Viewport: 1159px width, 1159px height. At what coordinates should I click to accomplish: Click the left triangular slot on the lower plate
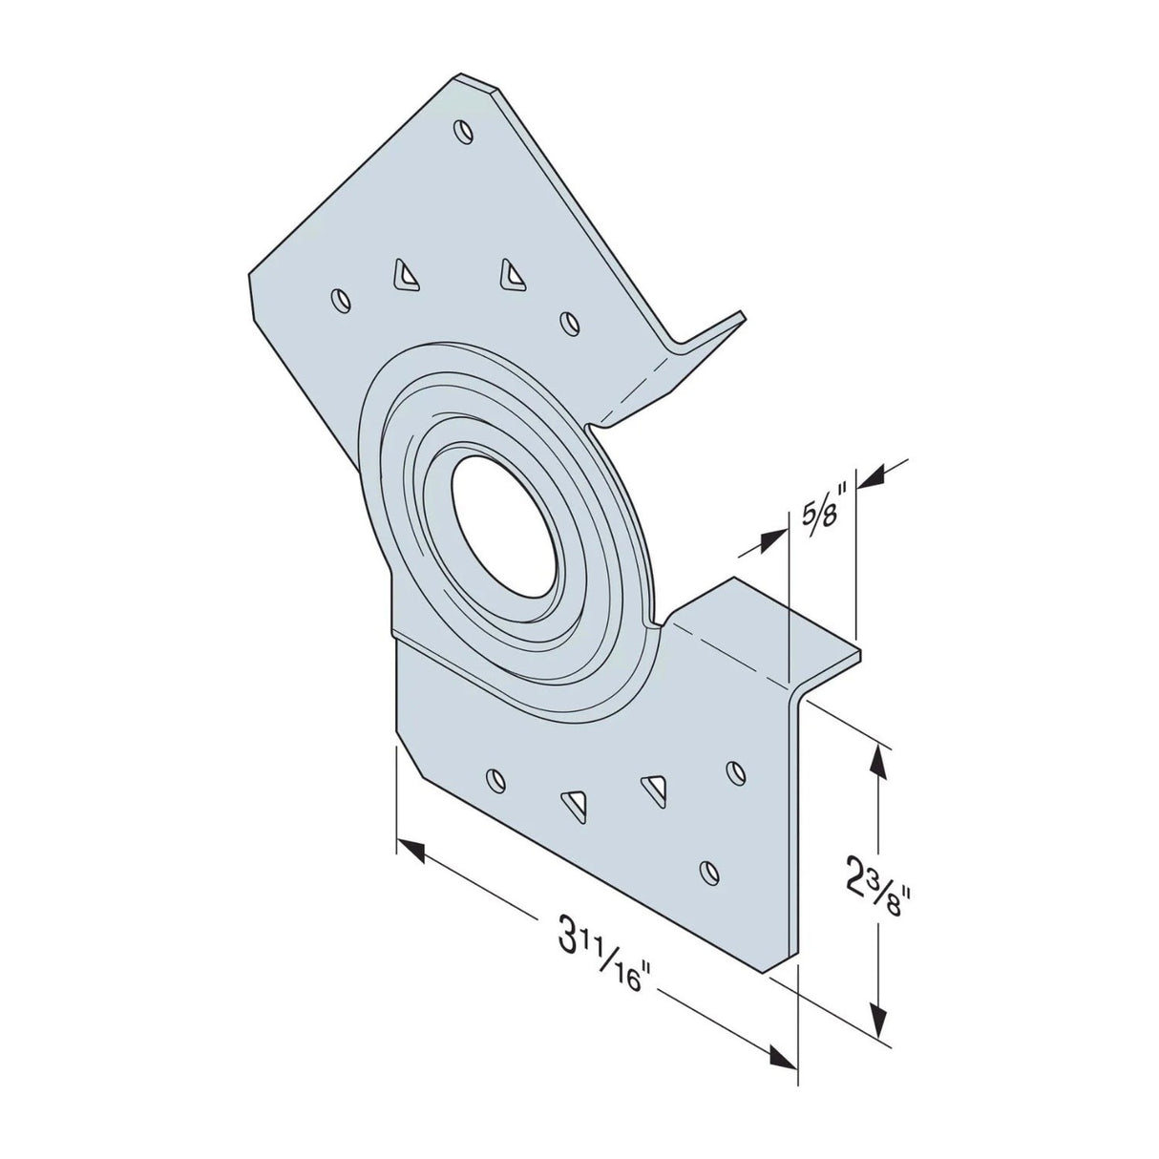click(x=575, y=804)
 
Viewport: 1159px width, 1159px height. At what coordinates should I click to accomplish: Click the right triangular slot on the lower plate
click(x=654, y=787)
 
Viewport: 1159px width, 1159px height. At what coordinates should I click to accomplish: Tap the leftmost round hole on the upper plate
click(x=338, y=300)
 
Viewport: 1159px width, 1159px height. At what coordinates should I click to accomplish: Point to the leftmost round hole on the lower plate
click(x=494, y=780)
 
